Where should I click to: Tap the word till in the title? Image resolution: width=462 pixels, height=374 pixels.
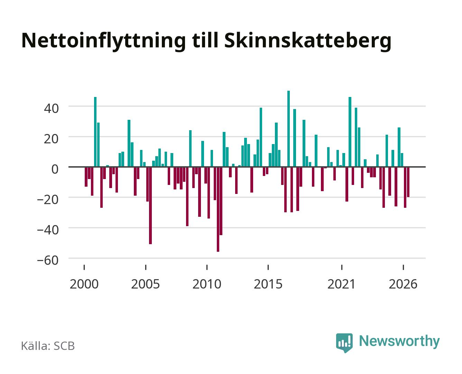(x=205, y=40)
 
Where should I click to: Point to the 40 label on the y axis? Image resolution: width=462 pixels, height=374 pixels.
(x=51, y=108)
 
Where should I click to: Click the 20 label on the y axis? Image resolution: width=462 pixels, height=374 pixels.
(x=51, y=139)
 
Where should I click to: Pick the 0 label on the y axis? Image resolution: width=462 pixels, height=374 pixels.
(x=55, y=169)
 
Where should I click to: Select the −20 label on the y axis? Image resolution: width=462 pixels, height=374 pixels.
(x=48, y=199)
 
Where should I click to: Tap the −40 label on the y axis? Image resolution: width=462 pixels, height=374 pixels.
(x=48, y=230)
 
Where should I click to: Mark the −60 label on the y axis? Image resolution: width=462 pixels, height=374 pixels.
(x=48, y=260)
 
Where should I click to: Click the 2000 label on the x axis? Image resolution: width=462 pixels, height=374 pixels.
(x=84, y=284)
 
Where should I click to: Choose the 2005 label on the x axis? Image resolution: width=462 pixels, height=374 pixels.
(x=146, y=284)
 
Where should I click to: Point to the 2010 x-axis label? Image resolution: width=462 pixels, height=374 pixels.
(x=207, y=284)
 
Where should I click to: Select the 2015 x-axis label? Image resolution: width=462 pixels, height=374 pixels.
(x=268, y=284)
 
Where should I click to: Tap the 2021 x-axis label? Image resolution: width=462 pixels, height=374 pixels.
(x=341, y=284)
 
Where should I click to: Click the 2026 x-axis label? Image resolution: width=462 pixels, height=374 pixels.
(x=403, y=284)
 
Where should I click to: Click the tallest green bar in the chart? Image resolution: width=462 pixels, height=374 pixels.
(x=288, y=129)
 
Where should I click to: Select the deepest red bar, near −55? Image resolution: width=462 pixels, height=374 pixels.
(x=218, y=209)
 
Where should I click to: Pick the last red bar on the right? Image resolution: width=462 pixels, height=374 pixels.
(x=408, y=182)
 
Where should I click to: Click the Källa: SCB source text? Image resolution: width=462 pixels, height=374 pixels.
(x=48, y=346)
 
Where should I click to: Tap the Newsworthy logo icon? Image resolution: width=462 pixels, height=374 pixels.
(x=344, y=342)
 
